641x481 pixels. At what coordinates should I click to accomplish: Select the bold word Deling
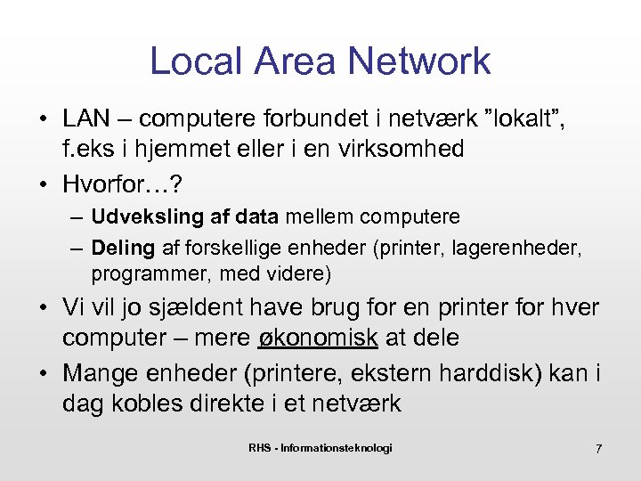click(123, 247)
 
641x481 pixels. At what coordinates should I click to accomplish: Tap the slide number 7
click(598, 449)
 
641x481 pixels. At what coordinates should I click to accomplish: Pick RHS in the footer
click(260, 447)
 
